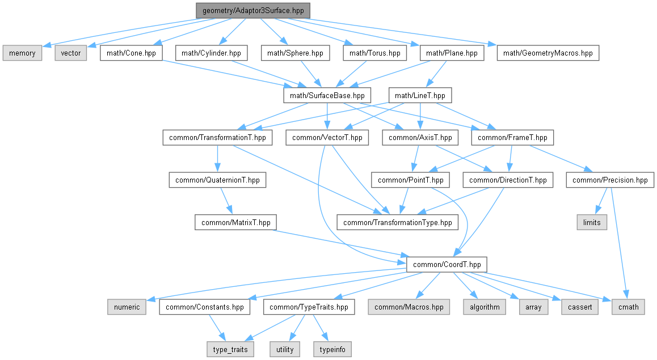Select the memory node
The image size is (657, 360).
(x=22, y=53)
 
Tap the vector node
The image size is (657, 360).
(x=71, y=53)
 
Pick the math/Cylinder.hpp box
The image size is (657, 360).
(x=212, y=53)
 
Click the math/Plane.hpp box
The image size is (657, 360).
(x=452, y=53)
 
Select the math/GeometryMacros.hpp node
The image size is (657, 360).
(x=547, y=53)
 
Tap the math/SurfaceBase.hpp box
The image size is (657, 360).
(x=327, y=95)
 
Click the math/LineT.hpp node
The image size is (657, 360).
(x=420, y=95)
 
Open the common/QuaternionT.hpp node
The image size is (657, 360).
(x=218, y=180)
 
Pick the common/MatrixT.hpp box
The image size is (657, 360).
(x=235, y=222)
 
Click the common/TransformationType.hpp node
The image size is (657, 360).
(x=398, y=222)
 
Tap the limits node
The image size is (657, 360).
(x=592, y=222)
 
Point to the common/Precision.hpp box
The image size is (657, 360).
(x=610, y=180)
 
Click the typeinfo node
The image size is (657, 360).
(x=331, y=349)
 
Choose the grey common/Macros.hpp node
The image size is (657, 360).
(x=409, y=307)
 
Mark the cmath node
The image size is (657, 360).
(x=628, y=307)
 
